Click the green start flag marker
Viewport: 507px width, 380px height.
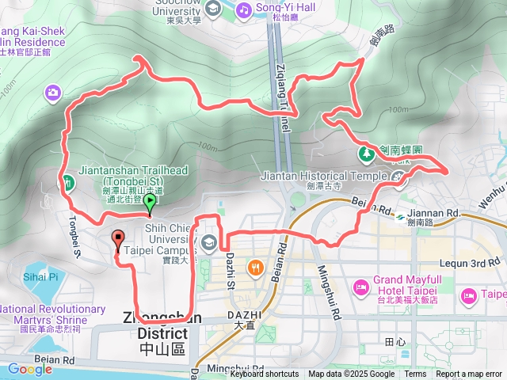click(x=149, y=203)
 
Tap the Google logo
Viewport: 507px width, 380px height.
click(x=30, y=369)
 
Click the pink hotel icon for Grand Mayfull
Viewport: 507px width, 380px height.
click(x=360, y=283)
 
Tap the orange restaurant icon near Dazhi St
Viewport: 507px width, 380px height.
click(x=254, y=268)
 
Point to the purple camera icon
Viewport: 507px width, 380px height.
click(x=53, y=93)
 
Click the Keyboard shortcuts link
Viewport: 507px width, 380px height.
click(x=265, y=374)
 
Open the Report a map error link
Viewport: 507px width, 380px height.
click(x=470, y=374)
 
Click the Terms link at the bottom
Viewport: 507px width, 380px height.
click(x=415, y=374)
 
